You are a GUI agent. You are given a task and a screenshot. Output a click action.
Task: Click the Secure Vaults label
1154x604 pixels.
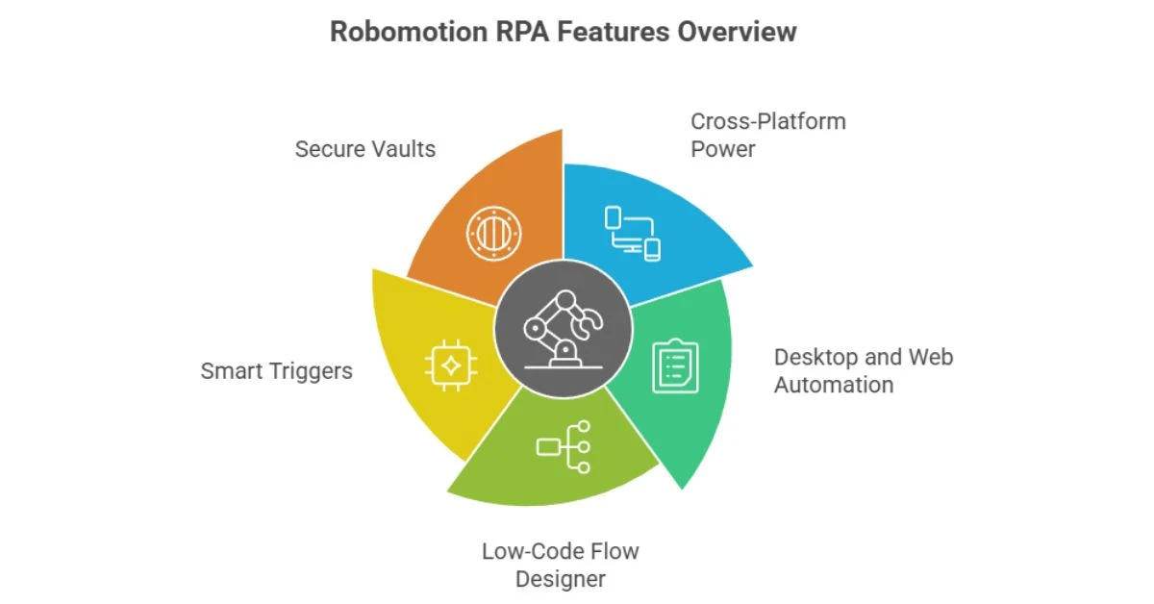point(365,149)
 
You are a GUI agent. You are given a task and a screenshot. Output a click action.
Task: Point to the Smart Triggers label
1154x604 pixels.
point(277,370)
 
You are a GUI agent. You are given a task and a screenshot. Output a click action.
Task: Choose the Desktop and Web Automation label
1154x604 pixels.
point(864,371)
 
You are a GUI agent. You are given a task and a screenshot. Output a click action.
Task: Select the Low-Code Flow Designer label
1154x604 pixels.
point(561,565)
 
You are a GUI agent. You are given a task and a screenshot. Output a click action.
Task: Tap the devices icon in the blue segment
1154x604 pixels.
point(633,233)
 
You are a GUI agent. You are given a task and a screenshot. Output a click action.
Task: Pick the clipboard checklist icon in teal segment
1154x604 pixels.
point(676,365)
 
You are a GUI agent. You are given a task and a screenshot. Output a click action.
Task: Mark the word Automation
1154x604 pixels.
point(834,385)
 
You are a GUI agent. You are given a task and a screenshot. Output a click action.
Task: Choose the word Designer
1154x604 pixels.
point(561,579)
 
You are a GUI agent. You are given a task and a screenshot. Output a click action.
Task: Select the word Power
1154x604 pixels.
point(723,149)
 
